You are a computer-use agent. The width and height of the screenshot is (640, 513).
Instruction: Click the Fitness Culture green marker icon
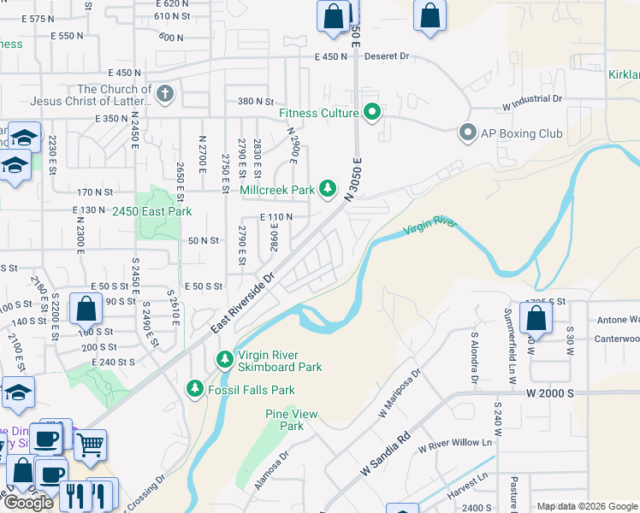pyautogui.click(x=372, y=112)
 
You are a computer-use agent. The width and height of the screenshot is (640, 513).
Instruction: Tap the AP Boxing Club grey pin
pyautogui.click(x=467, y=133)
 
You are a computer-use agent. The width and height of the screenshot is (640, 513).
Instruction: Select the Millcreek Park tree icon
pyautogui.click(x=328, y=188)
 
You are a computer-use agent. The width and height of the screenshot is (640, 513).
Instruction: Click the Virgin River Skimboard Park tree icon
pyautogui.click(x=225, y=359)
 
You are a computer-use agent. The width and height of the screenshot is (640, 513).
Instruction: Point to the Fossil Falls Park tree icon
pyautogui.click(x=195, y=389)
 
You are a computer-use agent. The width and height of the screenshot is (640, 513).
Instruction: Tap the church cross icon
pyautogui.click(x=166, y=93)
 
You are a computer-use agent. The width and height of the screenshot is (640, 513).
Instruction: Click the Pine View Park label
pyautogui.click(x=292, y=420)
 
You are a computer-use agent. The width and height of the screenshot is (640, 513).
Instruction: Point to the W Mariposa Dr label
pyautogui.click(x=400, y=392)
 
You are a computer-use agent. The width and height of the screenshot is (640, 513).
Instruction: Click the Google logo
pyautogui.click(x=27, y=503)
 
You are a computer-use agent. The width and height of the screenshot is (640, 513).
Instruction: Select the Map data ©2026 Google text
pyautogui.click(x=586, y=506)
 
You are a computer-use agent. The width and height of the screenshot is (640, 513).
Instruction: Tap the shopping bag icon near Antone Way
pyautogui.click(x=536, y=319)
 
